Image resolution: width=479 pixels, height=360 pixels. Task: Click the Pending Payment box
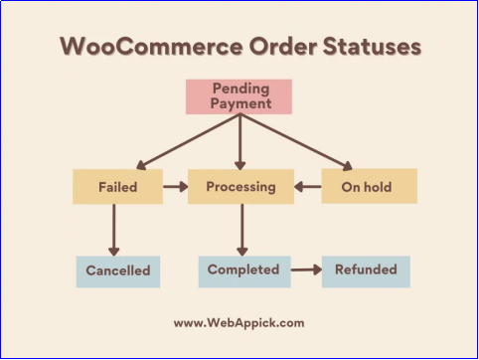[239, 96]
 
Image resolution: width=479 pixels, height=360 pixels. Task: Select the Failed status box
[117, 187]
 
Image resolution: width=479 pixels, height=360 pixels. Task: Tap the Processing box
[240, 187]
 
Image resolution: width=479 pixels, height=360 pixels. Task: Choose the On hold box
[370, 186]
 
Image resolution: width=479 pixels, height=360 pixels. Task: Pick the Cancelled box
[118, 271]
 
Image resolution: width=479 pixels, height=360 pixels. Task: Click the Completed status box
[244, 271]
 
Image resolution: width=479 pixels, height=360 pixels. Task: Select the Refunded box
[366, 271]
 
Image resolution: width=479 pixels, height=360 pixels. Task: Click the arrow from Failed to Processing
[176, 187]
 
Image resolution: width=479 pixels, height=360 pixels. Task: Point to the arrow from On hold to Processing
[308, 187]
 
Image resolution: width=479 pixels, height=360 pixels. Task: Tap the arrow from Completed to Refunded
[306, 270]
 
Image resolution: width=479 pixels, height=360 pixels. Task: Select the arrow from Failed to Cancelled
[114, 230]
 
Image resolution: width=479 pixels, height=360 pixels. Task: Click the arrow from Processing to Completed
[242, 230]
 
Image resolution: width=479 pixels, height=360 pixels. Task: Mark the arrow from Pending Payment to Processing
[239, 142]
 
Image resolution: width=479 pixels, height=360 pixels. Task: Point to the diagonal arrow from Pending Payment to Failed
[188, 142]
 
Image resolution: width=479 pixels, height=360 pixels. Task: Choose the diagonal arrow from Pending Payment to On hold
[296, 142]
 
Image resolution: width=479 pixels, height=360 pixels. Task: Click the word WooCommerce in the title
[151, 46]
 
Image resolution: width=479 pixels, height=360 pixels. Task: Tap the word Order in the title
[282, 46]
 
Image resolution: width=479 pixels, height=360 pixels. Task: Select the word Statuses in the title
[372, 46]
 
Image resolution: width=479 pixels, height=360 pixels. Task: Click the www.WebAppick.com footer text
[239, 323]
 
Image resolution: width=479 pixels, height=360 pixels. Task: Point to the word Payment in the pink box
[240, 103]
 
